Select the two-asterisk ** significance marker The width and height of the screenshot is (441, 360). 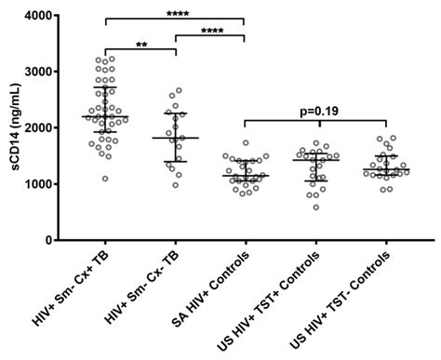141,43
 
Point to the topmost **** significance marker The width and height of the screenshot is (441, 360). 175,13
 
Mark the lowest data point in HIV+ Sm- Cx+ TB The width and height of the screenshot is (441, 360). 105,179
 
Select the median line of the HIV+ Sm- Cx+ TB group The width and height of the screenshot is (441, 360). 106,117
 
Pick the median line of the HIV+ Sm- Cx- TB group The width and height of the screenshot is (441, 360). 176,138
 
